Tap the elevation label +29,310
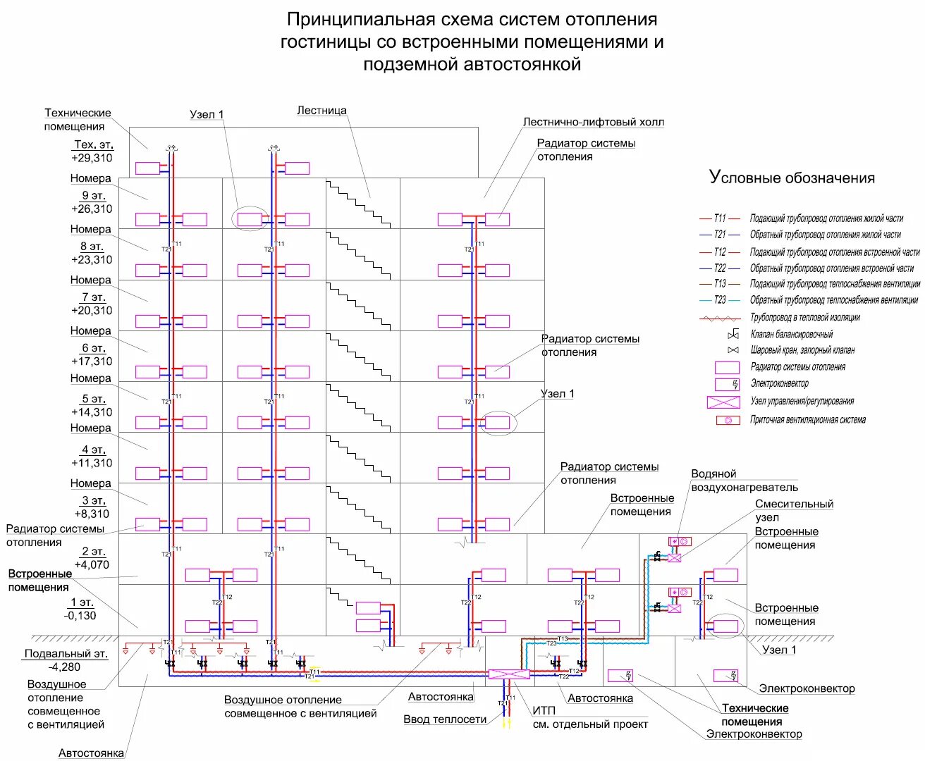click(x=92, y=158)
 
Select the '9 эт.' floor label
click(x=93, y=196)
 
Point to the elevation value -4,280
click(x=64, y=667)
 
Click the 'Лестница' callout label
click(x=321, y=111)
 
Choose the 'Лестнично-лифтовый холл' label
click(x=593, y=122)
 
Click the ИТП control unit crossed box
click(x=508, y=674)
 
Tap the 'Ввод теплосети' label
click(x=445, y=719)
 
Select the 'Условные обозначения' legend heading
click(x=792, y=178)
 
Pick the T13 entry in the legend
click(x=719, y=283)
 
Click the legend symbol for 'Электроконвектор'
click(x=727, y=384)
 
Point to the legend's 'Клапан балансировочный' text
click(x=791, y=334)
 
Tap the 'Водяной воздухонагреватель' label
click(x=744, y=481)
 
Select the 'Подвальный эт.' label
click(x=66, y=653)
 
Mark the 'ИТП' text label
click(x=544, y=710)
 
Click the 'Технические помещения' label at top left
click(x=77, y=119)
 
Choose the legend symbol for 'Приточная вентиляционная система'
click(x=728, y=420)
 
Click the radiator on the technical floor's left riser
click(x=148, y=168)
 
